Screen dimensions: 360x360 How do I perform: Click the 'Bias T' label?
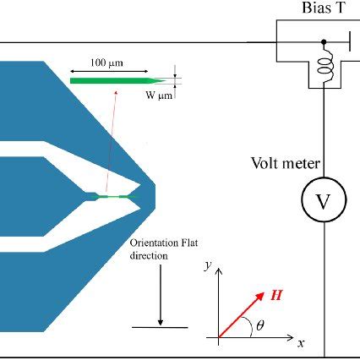point(321,9)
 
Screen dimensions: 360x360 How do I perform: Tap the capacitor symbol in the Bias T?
point(347,40)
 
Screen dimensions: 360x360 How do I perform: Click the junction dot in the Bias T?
point(324,40)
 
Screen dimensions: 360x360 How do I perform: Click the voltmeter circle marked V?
point(323,200)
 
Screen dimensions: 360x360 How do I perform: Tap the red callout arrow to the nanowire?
point(108,144)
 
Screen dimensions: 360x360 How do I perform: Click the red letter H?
point(276,296)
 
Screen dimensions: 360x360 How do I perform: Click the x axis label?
point(300,345)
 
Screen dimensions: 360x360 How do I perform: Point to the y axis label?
point(207,265)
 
